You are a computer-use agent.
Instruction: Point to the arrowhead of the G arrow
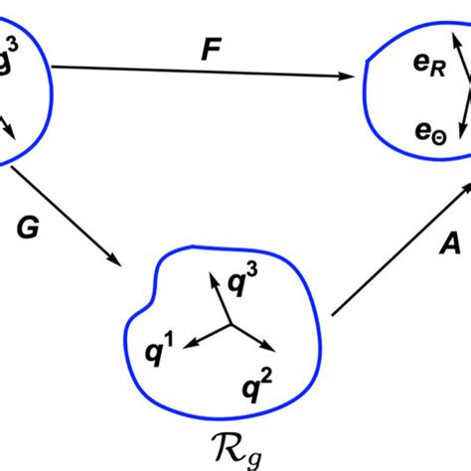tap(114, 261)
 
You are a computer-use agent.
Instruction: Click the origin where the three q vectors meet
tap(231, 324)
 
